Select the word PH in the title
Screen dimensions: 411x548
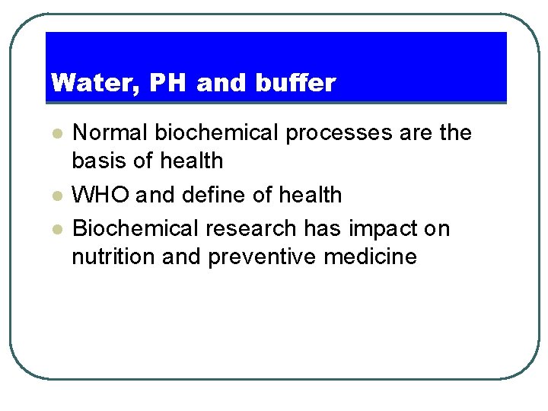168,83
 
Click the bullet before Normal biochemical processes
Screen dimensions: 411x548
56,133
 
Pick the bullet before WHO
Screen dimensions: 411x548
56,196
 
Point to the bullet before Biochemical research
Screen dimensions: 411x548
56,229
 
